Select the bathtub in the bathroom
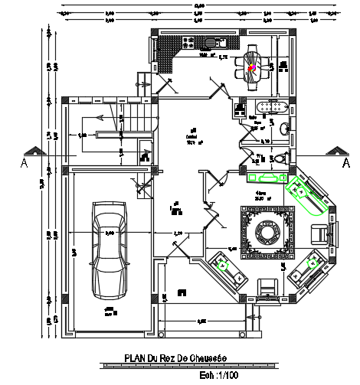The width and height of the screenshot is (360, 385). pyautogui.click(x=270, y=108)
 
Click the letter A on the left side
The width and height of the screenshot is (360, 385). pyautogui.click(x=25, y=163)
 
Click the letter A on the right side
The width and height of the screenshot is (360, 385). pyautogui.click(x=346, y=163)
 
